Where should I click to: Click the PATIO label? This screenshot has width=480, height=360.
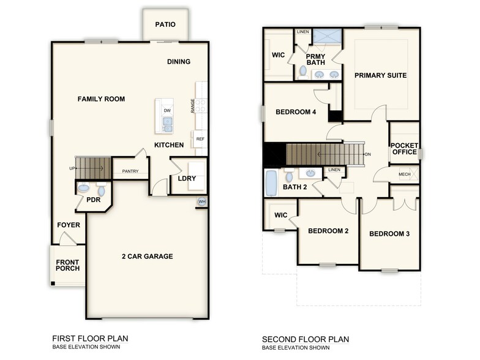(x=165, y=25)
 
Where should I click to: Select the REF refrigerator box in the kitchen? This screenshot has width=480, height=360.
(x=200, y=139)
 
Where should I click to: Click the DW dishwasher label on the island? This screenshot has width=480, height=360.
(x=167, y=110)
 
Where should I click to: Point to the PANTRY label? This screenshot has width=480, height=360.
(x=130, y=171)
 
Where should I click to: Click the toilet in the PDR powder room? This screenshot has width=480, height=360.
(x=101, y=190)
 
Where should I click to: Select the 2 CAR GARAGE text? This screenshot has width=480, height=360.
(x=147, y=256)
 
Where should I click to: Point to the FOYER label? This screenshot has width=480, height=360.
(x=69, y=225)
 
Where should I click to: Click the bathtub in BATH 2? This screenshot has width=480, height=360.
(x=271, y=182)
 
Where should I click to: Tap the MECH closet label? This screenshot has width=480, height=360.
(x=404, y=174)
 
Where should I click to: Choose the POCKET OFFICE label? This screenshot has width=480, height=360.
(x=404, y=149)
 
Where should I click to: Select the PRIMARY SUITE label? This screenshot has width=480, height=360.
(x=380, y=75)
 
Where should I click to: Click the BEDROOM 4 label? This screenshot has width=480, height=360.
(x=296, y=112)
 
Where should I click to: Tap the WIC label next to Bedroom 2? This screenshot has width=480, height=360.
(x=280, y=216)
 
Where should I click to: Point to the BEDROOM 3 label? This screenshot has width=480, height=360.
(x=389, y=234)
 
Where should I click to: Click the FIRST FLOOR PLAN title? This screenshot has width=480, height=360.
(x=90, y=339)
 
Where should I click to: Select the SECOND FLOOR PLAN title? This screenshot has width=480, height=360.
(x=306, y=339)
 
